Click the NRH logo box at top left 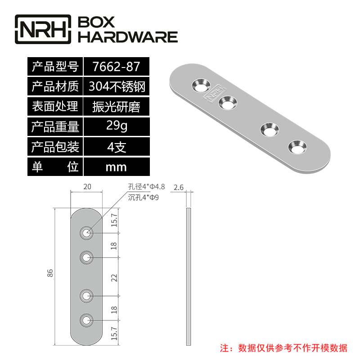(x=43, y=29)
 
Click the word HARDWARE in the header (x=128, y=37)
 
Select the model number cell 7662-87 (x=116, y=67)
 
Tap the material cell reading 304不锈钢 (x=116, y=86)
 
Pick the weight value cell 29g (x=116, y=126)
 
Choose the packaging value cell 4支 (x=116, y=147)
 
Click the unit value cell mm (x=116, y=167)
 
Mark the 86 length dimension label (x=50, y=273)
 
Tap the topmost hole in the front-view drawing (x=86, y=233)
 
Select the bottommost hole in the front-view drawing (x=86, y=320)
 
